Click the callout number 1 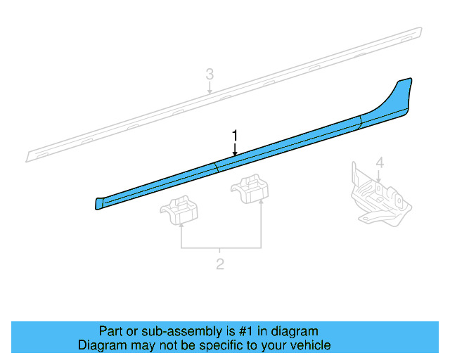pos(236,135)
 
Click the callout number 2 pos(220,264)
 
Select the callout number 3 pos(210,74)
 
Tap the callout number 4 pos(380,163)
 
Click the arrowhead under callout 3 pos(210,91)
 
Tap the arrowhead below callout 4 pos(380,181)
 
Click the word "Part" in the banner pos(111,331)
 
